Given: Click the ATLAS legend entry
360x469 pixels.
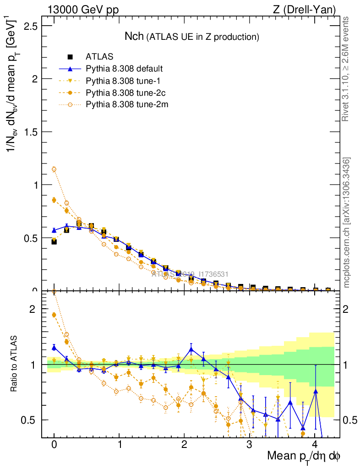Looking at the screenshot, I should [99, 57].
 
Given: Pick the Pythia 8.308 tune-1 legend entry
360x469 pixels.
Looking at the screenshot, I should [122, 81].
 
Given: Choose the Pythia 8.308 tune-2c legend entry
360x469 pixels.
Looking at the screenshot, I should [124, 93].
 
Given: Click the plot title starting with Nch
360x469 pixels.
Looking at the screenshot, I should [192, 36].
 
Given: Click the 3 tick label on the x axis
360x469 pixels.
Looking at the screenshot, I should [250, 445].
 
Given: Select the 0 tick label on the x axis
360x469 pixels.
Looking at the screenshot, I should [54, 445].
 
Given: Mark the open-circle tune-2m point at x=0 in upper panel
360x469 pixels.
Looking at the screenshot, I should [54, 169].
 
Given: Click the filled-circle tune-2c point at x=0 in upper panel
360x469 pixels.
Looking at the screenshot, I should [54, 200].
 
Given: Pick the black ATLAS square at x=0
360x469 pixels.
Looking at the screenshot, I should [54, 241].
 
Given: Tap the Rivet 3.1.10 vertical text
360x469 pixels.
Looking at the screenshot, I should [346, 69].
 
